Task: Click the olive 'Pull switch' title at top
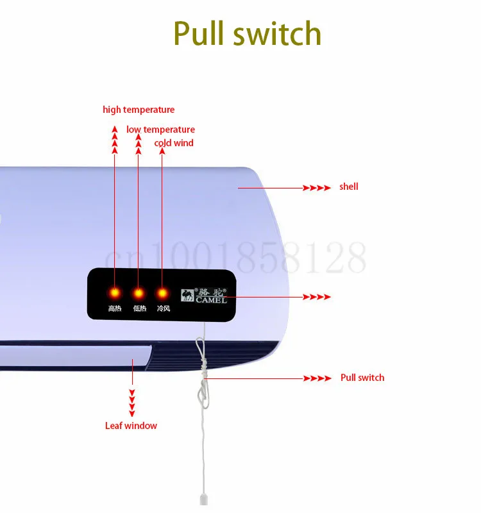point(247,33)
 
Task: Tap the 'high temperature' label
point(139,110)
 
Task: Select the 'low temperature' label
point(160,130)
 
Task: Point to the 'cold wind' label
point(174,143)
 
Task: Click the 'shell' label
point(348,187)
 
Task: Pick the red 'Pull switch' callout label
point(362,378)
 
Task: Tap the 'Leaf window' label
point(131,426)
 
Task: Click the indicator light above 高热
point(115,293)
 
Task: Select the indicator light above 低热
point(139,293)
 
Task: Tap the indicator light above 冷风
point(162,293)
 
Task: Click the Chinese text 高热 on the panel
point(115,308)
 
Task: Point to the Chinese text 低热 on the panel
point(140,308)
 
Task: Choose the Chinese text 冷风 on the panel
point(164,308)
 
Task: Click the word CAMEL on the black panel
point(212,300)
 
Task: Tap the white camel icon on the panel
point(187,296)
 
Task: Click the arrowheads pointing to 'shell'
point(316,188)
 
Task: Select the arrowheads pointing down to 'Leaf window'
point(132,403)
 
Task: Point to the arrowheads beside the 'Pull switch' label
point(317,378)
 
